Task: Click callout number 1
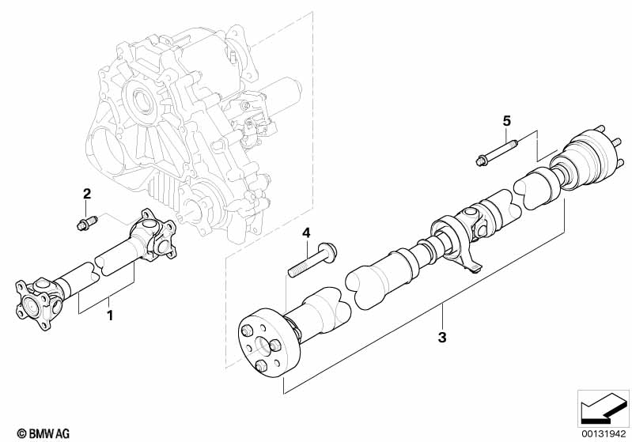tap(110, 315)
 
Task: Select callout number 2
tap(88, 194)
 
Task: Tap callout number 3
tap(442, 338)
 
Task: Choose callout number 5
tap(507, 121)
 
